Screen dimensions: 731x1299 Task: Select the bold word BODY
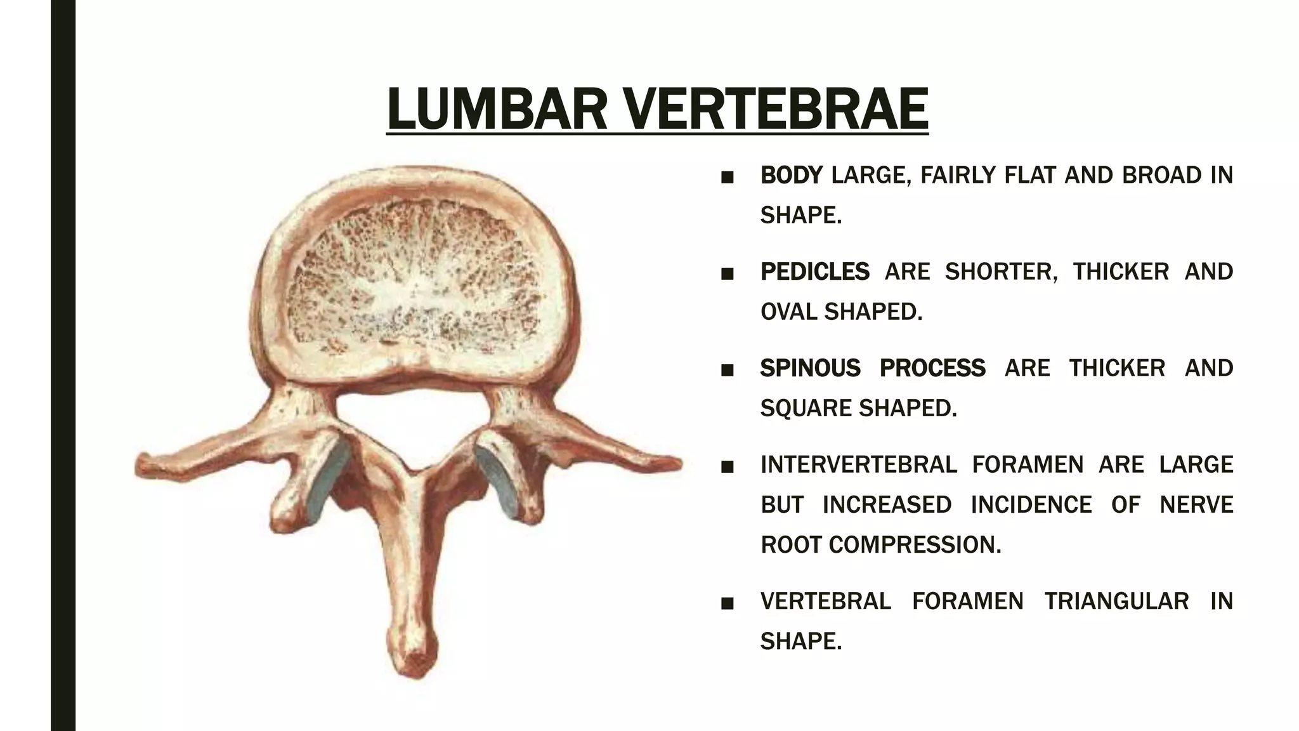(791, 175)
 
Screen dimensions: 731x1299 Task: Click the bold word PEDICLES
(814, 272)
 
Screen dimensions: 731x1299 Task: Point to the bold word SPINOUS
(809, 368)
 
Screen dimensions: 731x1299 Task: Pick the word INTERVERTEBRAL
(858, 464)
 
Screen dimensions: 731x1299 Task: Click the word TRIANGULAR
(1116, 601)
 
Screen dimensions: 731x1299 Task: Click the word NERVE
(1196, 504)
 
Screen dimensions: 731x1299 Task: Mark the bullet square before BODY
(728, 177)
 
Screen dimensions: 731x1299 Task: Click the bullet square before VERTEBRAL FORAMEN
(728, 603)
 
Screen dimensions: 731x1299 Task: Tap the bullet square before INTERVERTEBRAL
(728, 466)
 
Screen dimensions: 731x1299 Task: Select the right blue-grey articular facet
(497, 479)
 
